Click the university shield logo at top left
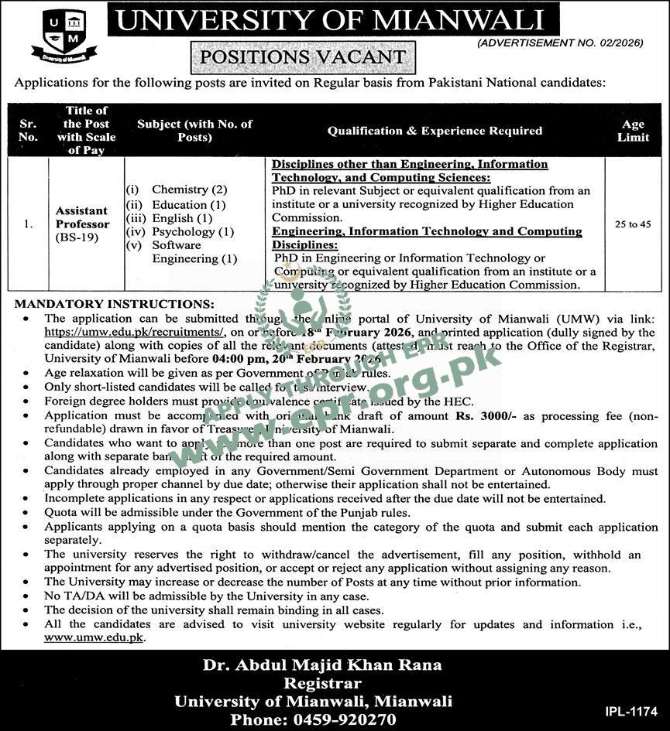(x=64, y=36)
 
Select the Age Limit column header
(x=633, y=130)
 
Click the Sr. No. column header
(x=28, y=130)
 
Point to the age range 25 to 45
(x=633, y=224)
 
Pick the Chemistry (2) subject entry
(x=189, y=190)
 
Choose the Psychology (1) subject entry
(x=193, y=231)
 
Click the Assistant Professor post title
(x=81, y=217)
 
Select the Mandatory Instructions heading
(x=115, y=304)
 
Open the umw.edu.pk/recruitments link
(x=134, y=332)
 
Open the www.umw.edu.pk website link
(x=94, y=637)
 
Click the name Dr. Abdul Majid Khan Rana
(x=321, y=664)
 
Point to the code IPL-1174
(x=631, y=710)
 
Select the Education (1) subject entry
(x=188, y=204)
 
